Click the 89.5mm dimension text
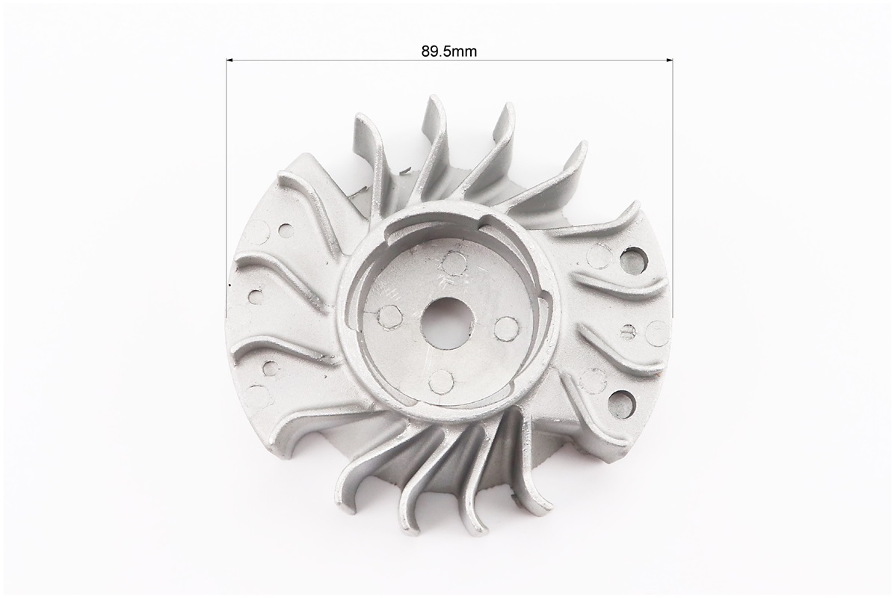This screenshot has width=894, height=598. click(x=449, y=52)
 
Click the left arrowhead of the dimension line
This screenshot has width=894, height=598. click(x=230, y=58)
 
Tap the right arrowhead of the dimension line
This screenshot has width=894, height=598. click(x=670, y=58)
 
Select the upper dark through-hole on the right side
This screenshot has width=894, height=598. click(x=634, y=260)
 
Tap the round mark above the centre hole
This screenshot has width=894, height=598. click(x=452, y=264)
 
